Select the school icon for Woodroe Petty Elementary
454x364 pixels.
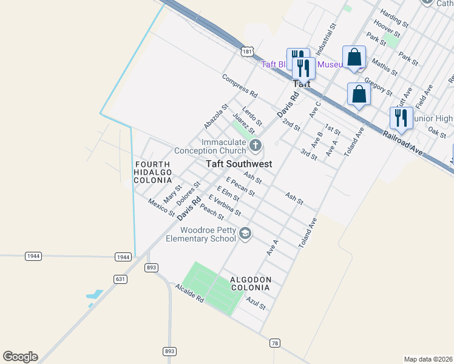(x=245, y=234)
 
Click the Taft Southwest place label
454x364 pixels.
(x=239, y=164)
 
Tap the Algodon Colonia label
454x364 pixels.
(x=250, y=283)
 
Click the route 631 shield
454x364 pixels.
(x=120, y=278)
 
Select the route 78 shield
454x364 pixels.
(x=276, y=343)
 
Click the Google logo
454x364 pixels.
(x=20, y=357)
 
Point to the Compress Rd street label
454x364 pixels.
(x=240, y=87)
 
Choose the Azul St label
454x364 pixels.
(x=256, y=303)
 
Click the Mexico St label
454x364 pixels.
(x=161, y=207)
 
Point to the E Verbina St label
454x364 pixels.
(x=225, y=205)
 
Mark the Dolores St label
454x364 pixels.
(x=188, y=192)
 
